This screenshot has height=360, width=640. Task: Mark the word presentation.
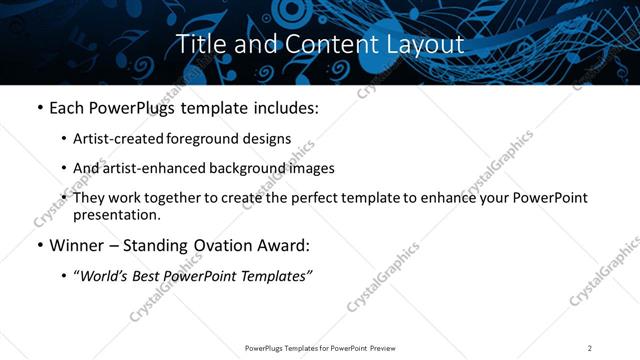117,214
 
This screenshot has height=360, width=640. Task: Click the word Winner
75,245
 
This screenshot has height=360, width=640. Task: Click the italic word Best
151,276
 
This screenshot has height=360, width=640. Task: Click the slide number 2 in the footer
590,348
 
